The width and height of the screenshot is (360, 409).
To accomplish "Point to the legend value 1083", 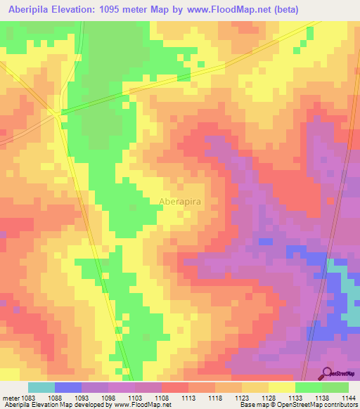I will (x=28, y=398).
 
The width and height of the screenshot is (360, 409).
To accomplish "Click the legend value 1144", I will (x=348, y=398).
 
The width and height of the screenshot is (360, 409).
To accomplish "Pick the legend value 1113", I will (x=188, y=398).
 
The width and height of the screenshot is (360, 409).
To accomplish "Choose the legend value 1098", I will (x=108, y=398).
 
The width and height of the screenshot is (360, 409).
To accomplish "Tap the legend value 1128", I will (x=268, y=398).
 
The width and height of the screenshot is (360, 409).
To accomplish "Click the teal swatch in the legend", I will (x=41, y=387).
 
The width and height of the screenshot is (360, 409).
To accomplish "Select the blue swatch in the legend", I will (x=68, y=387).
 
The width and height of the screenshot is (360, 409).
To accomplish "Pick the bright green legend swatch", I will (x=308, y=387).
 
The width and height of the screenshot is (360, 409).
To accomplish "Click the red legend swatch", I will (x=175, y=387).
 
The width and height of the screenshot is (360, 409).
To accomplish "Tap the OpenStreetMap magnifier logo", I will (x=328, y=374).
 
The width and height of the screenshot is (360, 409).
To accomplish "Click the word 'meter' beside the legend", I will (x=9, y=398).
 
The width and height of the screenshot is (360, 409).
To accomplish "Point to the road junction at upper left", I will (x=58, y=112).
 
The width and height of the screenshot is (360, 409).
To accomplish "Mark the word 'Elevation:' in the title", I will (x=79, y=10).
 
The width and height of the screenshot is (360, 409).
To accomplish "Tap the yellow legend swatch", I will (x=281, y=387).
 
